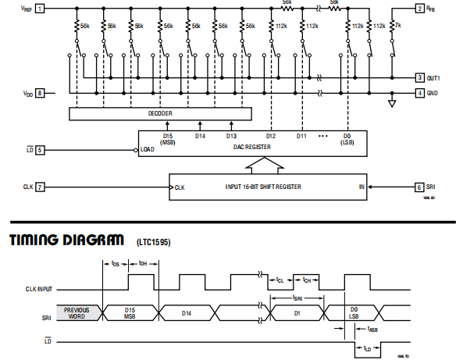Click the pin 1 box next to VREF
[40, 9]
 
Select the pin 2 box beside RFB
[420, 9]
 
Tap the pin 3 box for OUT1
[420, 78]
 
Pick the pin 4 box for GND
[420, 93]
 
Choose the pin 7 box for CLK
[40, 187]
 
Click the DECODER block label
[160, 113]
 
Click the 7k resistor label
[398, 26]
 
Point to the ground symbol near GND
[392, 102]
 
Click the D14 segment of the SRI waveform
[186, 312]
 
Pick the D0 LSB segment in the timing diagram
[353, 312]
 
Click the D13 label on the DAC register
[231, 137]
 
